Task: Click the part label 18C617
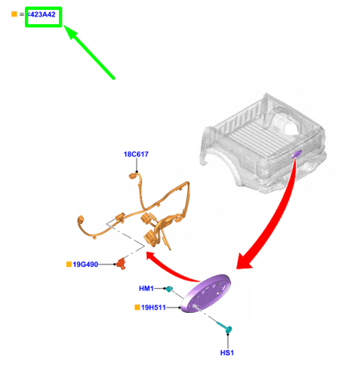coord(136,154)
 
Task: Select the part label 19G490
coord(85,265)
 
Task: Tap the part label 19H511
coord(153,308)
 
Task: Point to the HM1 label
coord(146,288)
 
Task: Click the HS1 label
coord(227,353)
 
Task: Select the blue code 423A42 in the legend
coord(42,14)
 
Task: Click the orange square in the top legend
coord(14,14)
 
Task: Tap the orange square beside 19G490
coord(69,264)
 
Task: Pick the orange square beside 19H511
coord(137,307)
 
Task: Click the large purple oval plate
coord(206,293)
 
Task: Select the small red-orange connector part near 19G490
coord(122,264)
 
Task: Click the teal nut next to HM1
coord(169,289)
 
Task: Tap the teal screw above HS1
coord(225,327)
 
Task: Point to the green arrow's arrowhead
coord(71,32)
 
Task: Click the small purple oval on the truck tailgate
coord(297,154)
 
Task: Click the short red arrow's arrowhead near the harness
coord(152,256)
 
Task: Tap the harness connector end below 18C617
coord(133,176)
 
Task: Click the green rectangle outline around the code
coord(43,8)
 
